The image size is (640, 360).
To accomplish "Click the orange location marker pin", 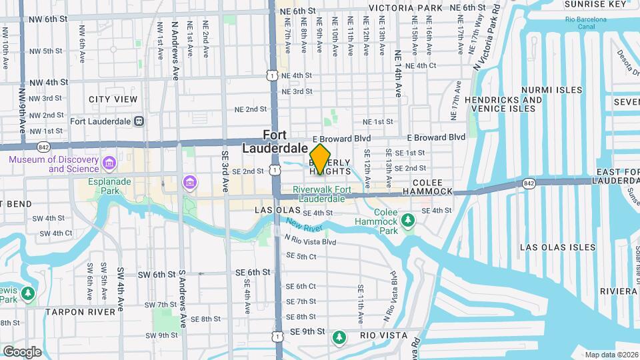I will (x=320, y=159).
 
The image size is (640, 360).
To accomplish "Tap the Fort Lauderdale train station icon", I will (x=139, y=121).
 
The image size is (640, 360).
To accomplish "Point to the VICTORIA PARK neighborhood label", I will (x=405, y=8).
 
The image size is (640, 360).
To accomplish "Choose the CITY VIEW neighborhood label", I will (x=113, y=99).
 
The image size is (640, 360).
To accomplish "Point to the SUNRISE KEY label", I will (x=588, y=4).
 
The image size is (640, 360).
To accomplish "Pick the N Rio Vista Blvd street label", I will (x=310, y=241).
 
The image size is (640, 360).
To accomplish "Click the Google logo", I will (x=22, y=351).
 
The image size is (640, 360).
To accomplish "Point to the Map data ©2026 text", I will (x=611, y=355).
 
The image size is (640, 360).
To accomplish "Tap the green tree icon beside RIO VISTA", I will (x=339, y=337).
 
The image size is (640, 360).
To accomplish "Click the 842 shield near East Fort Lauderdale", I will (x=529, y=182).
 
